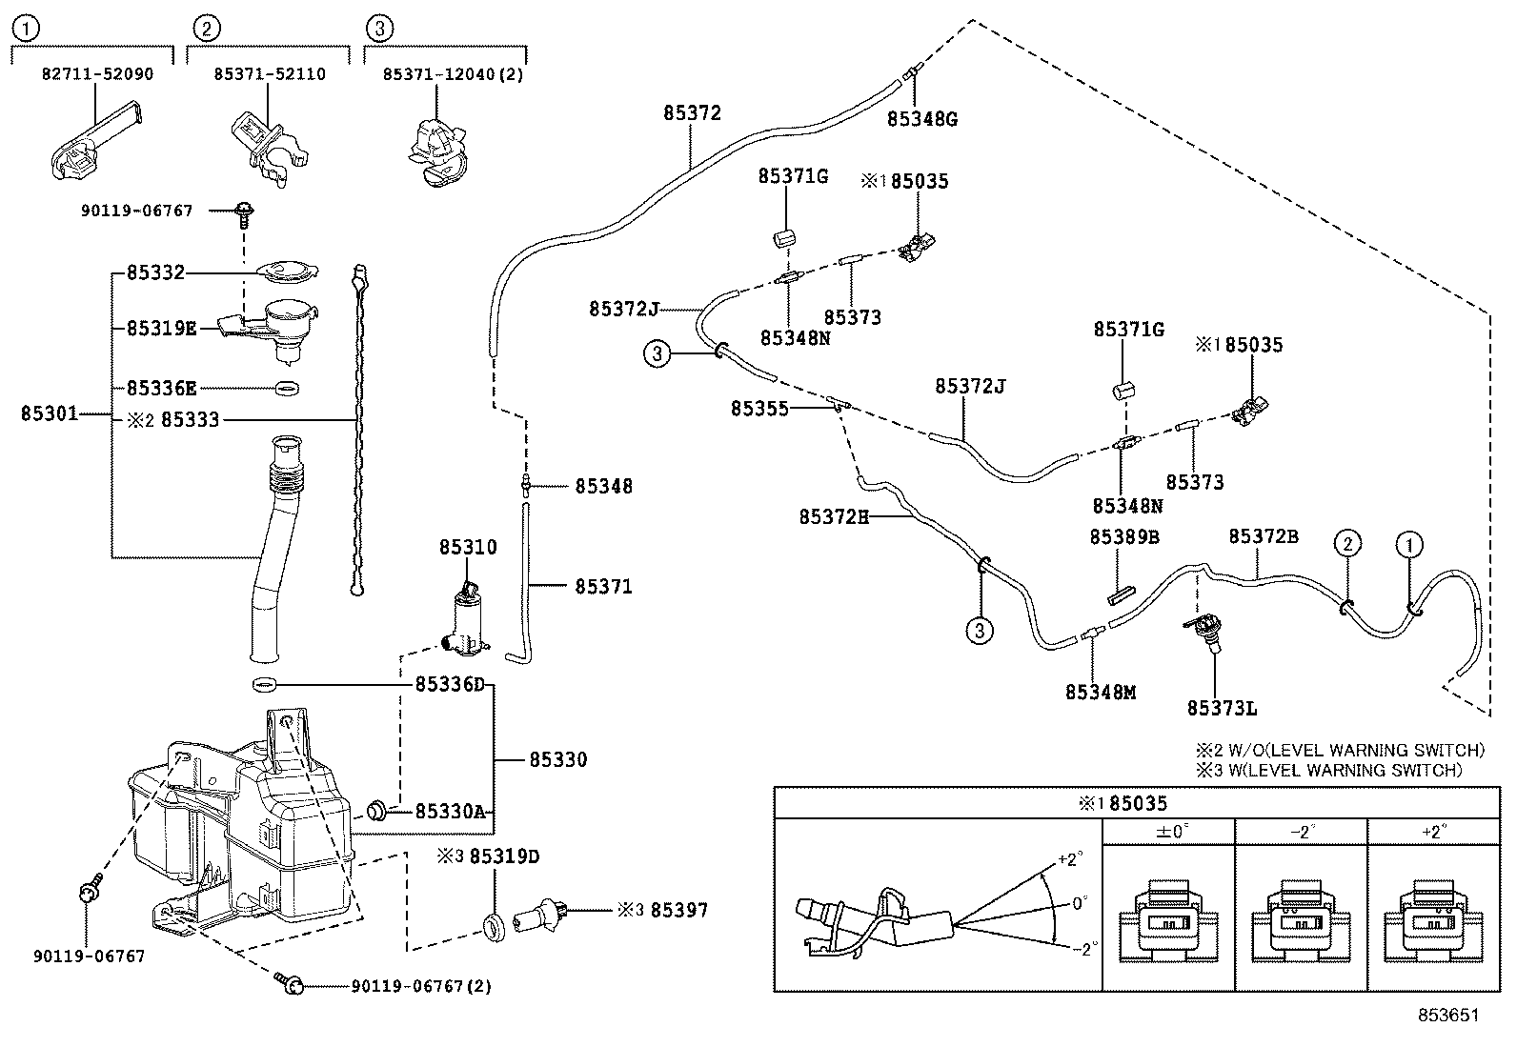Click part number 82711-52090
pos(97,73)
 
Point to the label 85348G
pos(921,119)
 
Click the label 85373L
pos(1222,708)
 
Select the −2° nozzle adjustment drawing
pos(1301,919)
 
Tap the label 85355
pos(759,409)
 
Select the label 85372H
pos(834,517)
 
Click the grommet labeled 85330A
pos(377,811)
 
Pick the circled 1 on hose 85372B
pos(1408,545)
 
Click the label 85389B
pos(1123,537)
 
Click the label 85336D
pos(450,685)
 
